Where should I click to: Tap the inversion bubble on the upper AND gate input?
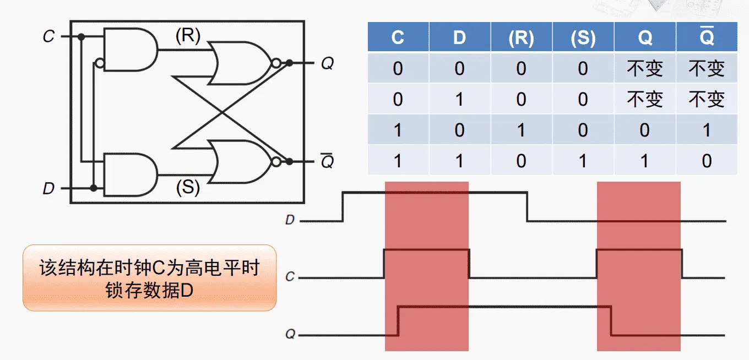pyautogui.click(x=99, y=63)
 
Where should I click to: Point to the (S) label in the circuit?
pyautogui.click(x=188, y=188)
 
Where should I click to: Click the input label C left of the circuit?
pyautogui.click(x=48, y=37)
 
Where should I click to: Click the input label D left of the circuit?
pyautogui.click(x=48, y=189)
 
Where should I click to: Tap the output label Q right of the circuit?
pyautogui.click(x=327, y=64)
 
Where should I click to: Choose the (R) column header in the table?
pyautogui.click(x=521, y=37)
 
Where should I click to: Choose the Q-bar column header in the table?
pyautogui.click(x=707, y=37)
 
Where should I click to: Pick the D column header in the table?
pyautogui.click(x=459, y=37)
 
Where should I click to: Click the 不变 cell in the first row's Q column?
pyautogui.click(x=644, y=69)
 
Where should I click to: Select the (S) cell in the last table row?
pyautogui.click(x=583, y=161)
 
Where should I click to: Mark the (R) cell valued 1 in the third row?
pyautogui.click(x=521, y=130)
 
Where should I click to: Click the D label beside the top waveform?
pyautogui.click(x=290, y=221)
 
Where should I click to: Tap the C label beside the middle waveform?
pyautogui.click(x=290, y=277)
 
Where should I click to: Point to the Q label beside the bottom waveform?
pyautogui.click(x=290, y=334)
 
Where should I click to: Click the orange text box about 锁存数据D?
pyautogui.click(x=149, y=278)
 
